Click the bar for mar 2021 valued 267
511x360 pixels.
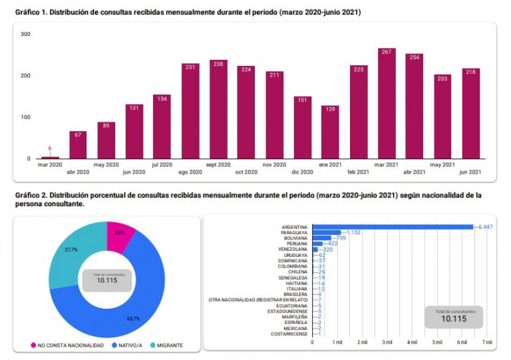pos(387,106)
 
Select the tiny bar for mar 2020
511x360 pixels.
pos(50,158)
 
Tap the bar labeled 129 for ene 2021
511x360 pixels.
pos(330,133)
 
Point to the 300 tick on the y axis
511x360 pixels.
pos(25,34)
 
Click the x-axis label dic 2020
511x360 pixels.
pos(303,172)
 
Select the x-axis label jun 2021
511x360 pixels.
pos(470,172)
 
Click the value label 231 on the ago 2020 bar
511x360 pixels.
pos(190,67)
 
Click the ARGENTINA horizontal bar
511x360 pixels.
pos(392,227)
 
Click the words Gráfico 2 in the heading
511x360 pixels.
pos(30,195)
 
